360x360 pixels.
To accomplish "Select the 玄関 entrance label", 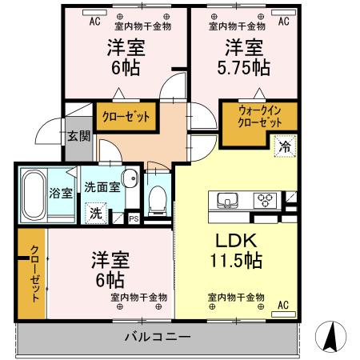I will [x=78, y=137].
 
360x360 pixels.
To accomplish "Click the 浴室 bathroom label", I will [x=61, y=192].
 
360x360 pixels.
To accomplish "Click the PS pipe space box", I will [x=133, y=217].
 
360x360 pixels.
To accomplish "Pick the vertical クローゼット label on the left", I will [x=34, y=272].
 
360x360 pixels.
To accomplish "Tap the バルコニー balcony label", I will [x=156, y=336].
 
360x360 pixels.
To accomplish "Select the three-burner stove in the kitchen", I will [x=265, y=200].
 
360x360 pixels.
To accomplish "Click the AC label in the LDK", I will [x=282, y=305].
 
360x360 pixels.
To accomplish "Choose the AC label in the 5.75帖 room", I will [x=282, y=22].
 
